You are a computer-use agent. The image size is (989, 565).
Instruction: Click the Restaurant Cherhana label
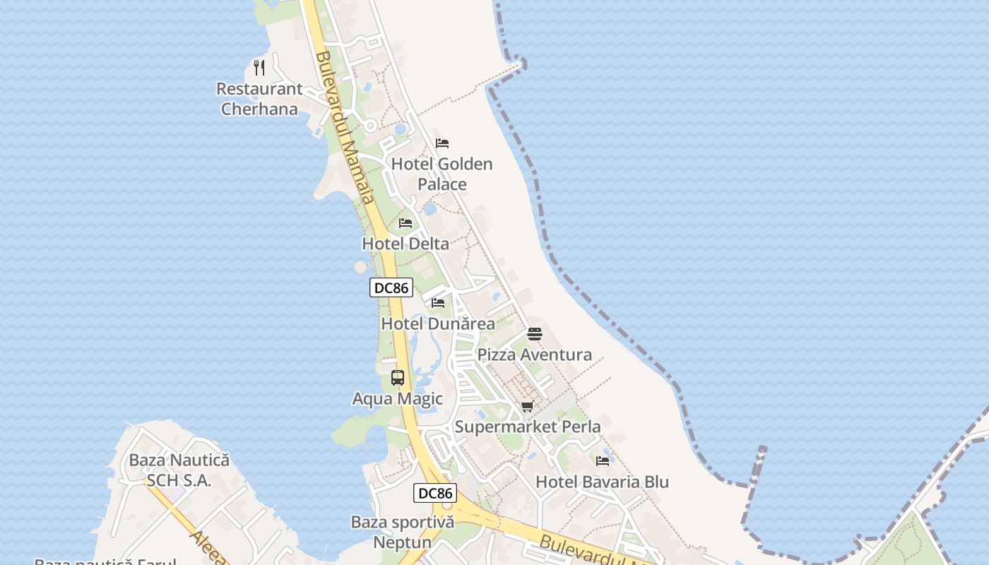coord(259,99)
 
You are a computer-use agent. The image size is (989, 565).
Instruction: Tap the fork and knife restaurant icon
coord(259,68)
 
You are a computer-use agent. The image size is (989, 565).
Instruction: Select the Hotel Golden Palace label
coord(442,174)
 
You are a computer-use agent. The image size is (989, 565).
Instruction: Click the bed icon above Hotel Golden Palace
coord(442,143)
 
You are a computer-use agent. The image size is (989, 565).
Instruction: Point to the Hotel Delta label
coord(405,244)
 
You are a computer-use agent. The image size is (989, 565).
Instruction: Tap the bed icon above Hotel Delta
coord(405,222)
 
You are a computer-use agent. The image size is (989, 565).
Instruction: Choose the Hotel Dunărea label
coord(438,323)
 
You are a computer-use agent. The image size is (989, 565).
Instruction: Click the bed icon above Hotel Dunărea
coord(438,302)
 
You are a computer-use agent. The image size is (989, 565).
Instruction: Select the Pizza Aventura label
coord(535,355)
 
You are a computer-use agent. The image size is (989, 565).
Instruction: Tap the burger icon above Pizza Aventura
coord(535,333)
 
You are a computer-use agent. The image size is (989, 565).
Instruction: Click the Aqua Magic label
coord(398,398)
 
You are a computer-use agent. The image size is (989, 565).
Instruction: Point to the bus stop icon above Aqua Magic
coord(398,377)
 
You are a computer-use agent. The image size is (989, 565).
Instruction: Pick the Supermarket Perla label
coord(528,427)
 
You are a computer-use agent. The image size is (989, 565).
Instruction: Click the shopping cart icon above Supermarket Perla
coord(528,406)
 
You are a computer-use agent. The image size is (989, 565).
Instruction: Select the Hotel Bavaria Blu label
coord(602,482)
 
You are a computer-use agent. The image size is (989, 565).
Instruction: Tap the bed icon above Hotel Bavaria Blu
coord(603,460)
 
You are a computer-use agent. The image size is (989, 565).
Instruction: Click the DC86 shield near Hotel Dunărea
coord(391,287)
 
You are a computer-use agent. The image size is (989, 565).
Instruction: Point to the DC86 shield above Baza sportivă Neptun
coord(435,493)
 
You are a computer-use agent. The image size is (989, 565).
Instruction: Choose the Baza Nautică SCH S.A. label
coord(179,470)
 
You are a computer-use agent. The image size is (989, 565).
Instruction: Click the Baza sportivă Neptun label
coord(403,532)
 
